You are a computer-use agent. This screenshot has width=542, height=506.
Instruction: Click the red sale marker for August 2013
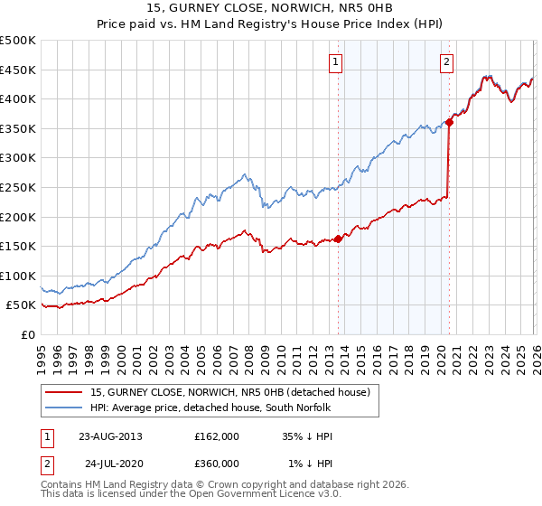[338, 239]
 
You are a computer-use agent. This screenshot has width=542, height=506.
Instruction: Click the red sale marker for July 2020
[449, 123]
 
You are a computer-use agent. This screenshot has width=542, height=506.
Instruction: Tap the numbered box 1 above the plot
[335, 62]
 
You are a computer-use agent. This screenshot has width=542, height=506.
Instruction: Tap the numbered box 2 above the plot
[446, 62]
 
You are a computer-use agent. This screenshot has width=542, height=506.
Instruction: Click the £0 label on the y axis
[27, 334]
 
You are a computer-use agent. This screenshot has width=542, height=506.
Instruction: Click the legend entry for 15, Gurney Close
[230, 392]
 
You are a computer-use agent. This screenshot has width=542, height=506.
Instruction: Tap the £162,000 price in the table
[216, 436]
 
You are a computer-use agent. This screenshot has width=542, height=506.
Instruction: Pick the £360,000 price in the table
[216, 464]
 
